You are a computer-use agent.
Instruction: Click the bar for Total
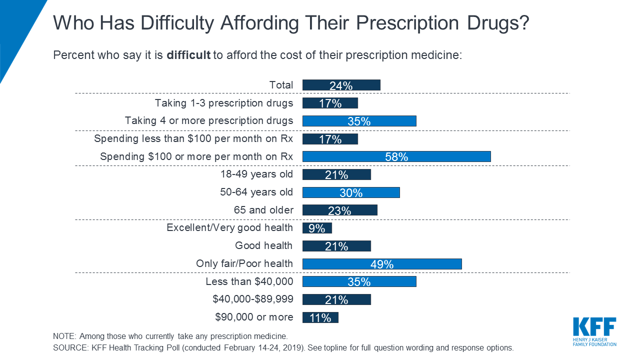point(341,85)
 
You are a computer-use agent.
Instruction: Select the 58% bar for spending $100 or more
point(396,156)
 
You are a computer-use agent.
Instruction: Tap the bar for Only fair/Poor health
point(382,263)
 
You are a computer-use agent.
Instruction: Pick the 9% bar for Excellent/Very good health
point(317,228)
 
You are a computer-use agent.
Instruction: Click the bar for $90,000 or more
point(320,317)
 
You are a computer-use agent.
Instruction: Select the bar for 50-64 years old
point(351,192)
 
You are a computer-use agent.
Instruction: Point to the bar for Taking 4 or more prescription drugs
point(359,121)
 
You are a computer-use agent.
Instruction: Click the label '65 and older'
point(263,210)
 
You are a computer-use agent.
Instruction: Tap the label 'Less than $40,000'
point(249,281)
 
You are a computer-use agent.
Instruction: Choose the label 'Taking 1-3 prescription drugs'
point(224,103)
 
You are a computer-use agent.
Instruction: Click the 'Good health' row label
point(264,245)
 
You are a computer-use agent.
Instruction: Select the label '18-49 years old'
point(256,174)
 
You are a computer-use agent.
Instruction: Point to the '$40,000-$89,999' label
point(253,299)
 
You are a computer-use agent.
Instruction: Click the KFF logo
point(594,330)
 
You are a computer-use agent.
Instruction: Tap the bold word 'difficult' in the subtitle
point(188,55)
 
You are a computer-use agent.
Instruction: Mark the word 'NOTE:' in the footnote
point(64,336)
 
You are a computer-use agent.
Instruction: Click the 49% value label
point(382,264)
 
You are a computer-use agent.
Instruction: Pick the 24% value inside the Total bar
point(341,86)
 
